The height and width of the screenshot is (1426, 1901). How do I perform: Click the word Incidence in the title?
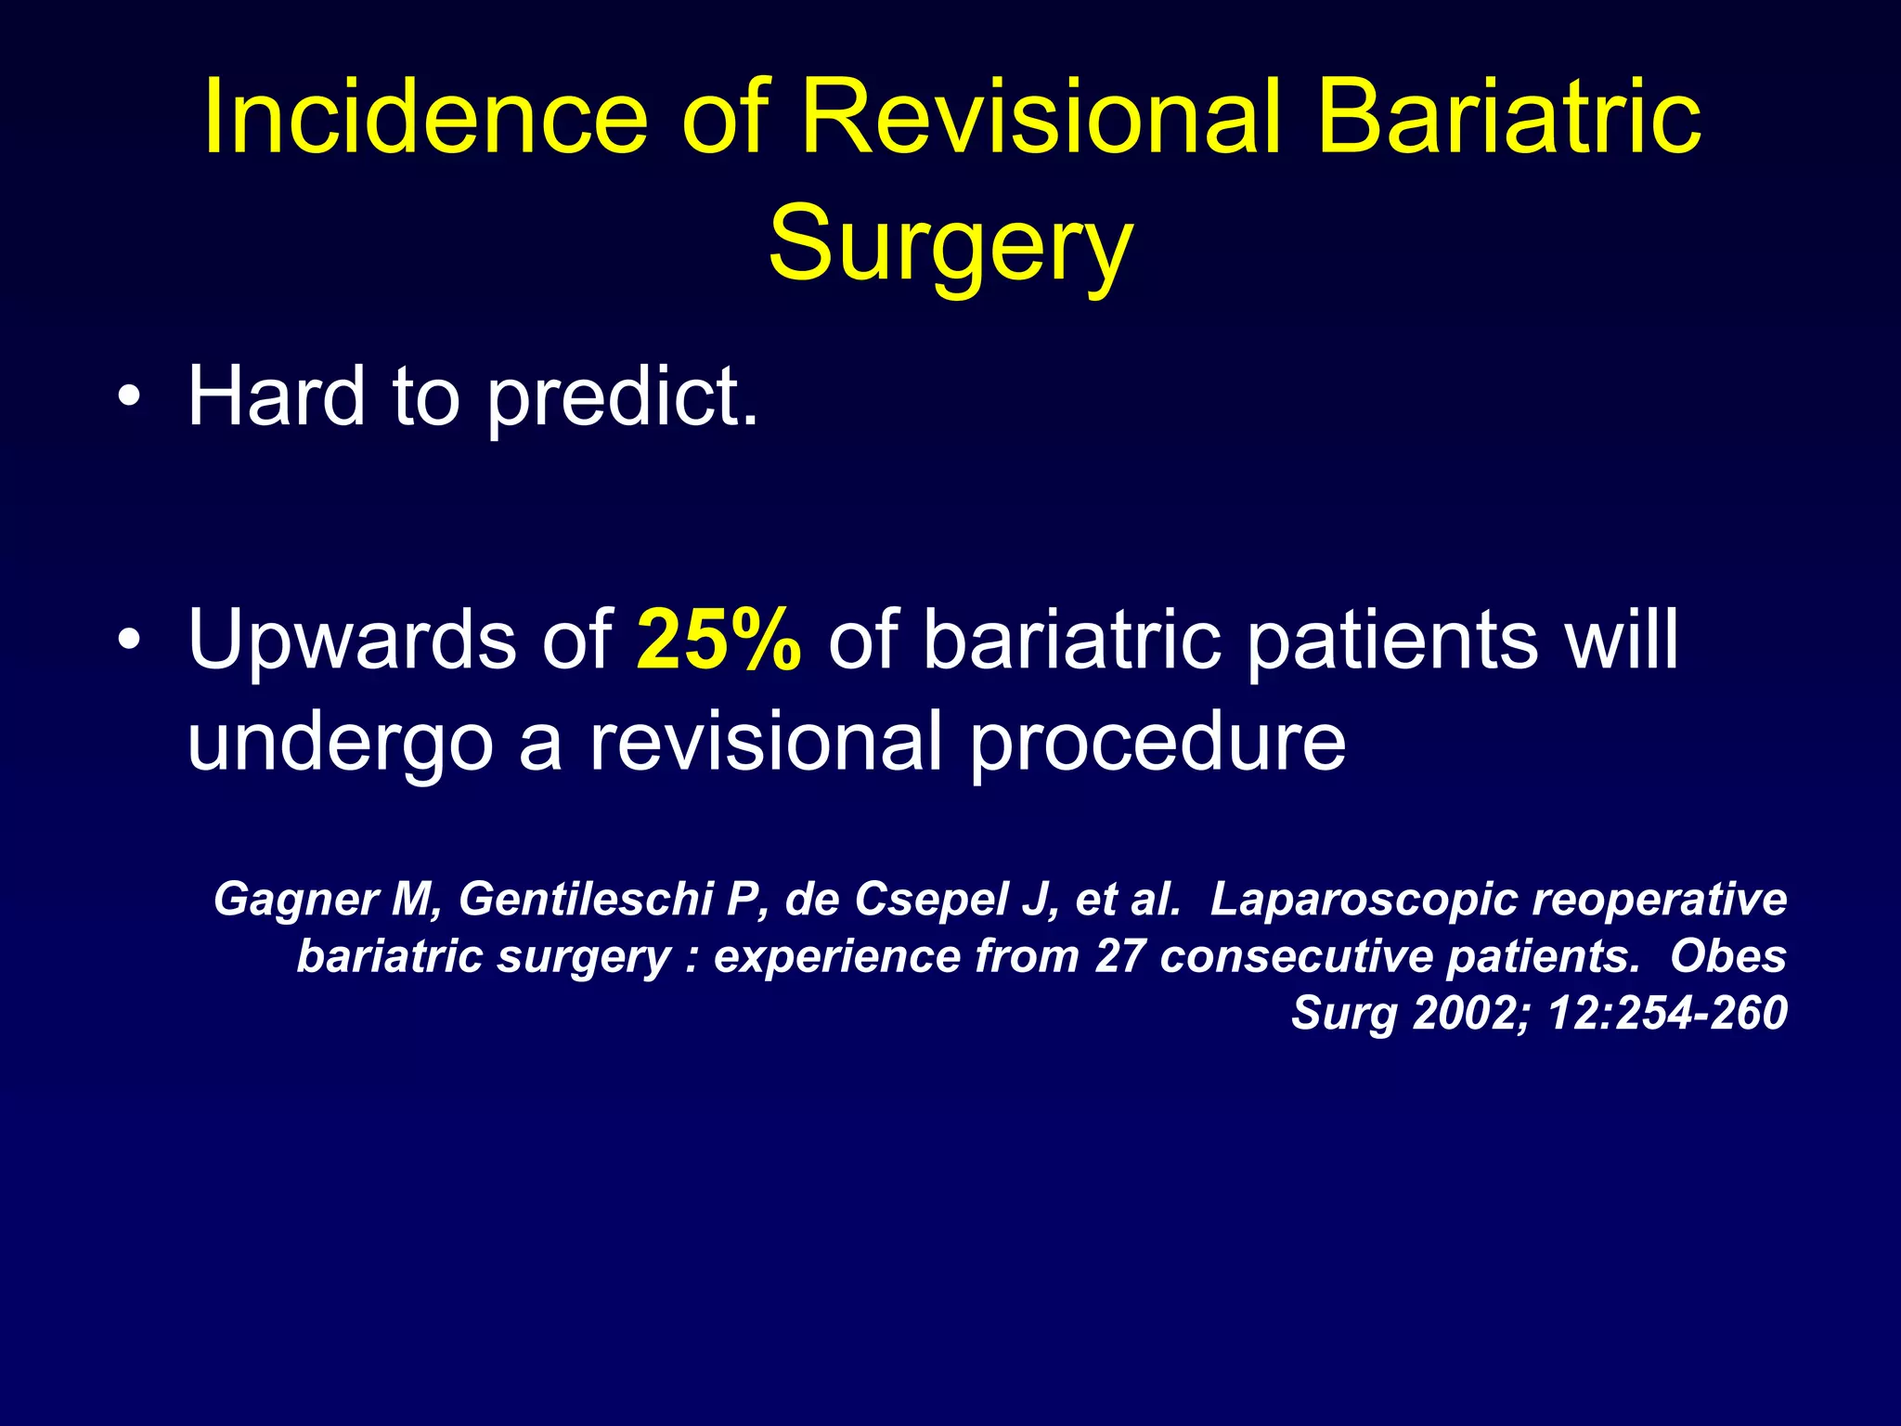click(425, 118)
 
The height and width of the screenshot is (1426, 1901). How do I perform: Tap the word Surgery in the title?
click(950, 244)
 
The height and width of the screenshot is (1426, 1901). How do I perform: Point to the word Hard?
click(276, 397)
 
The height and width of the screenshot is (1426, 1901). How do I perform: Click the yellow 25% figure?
click(718, 640)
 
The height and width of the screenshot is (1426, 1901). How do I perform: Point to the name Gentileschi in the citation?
click(586, 899)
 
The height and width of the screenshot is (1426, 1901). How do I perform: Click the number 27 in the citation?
click(1119, 956)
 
